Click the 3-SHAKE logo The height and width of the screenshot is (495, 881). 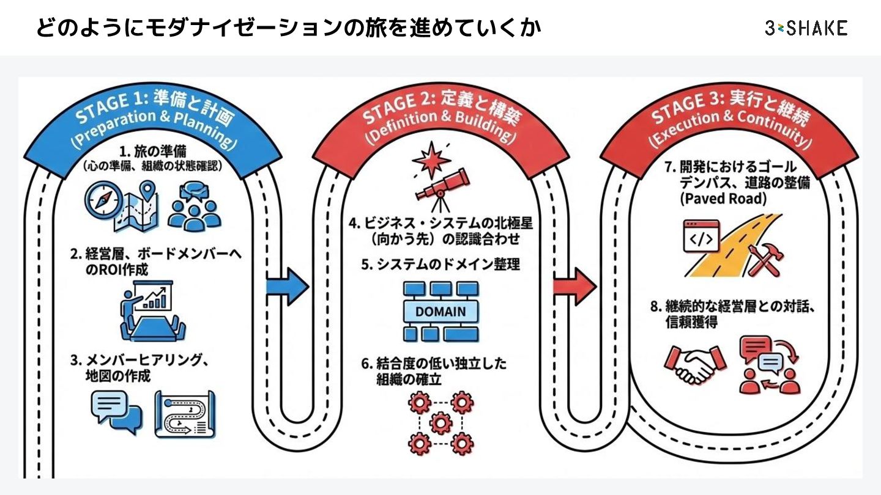[x=805, y=28]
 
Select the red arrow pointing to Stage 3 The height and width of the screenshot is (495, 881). [x=574, y=284]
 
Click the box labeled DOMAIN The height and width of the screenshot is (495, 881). [x=440, y=311]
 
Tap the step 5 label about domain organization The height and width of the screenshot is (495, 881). [x=440, y=265]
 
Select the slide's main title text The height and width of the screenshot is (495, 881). [x=288, y=28]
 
